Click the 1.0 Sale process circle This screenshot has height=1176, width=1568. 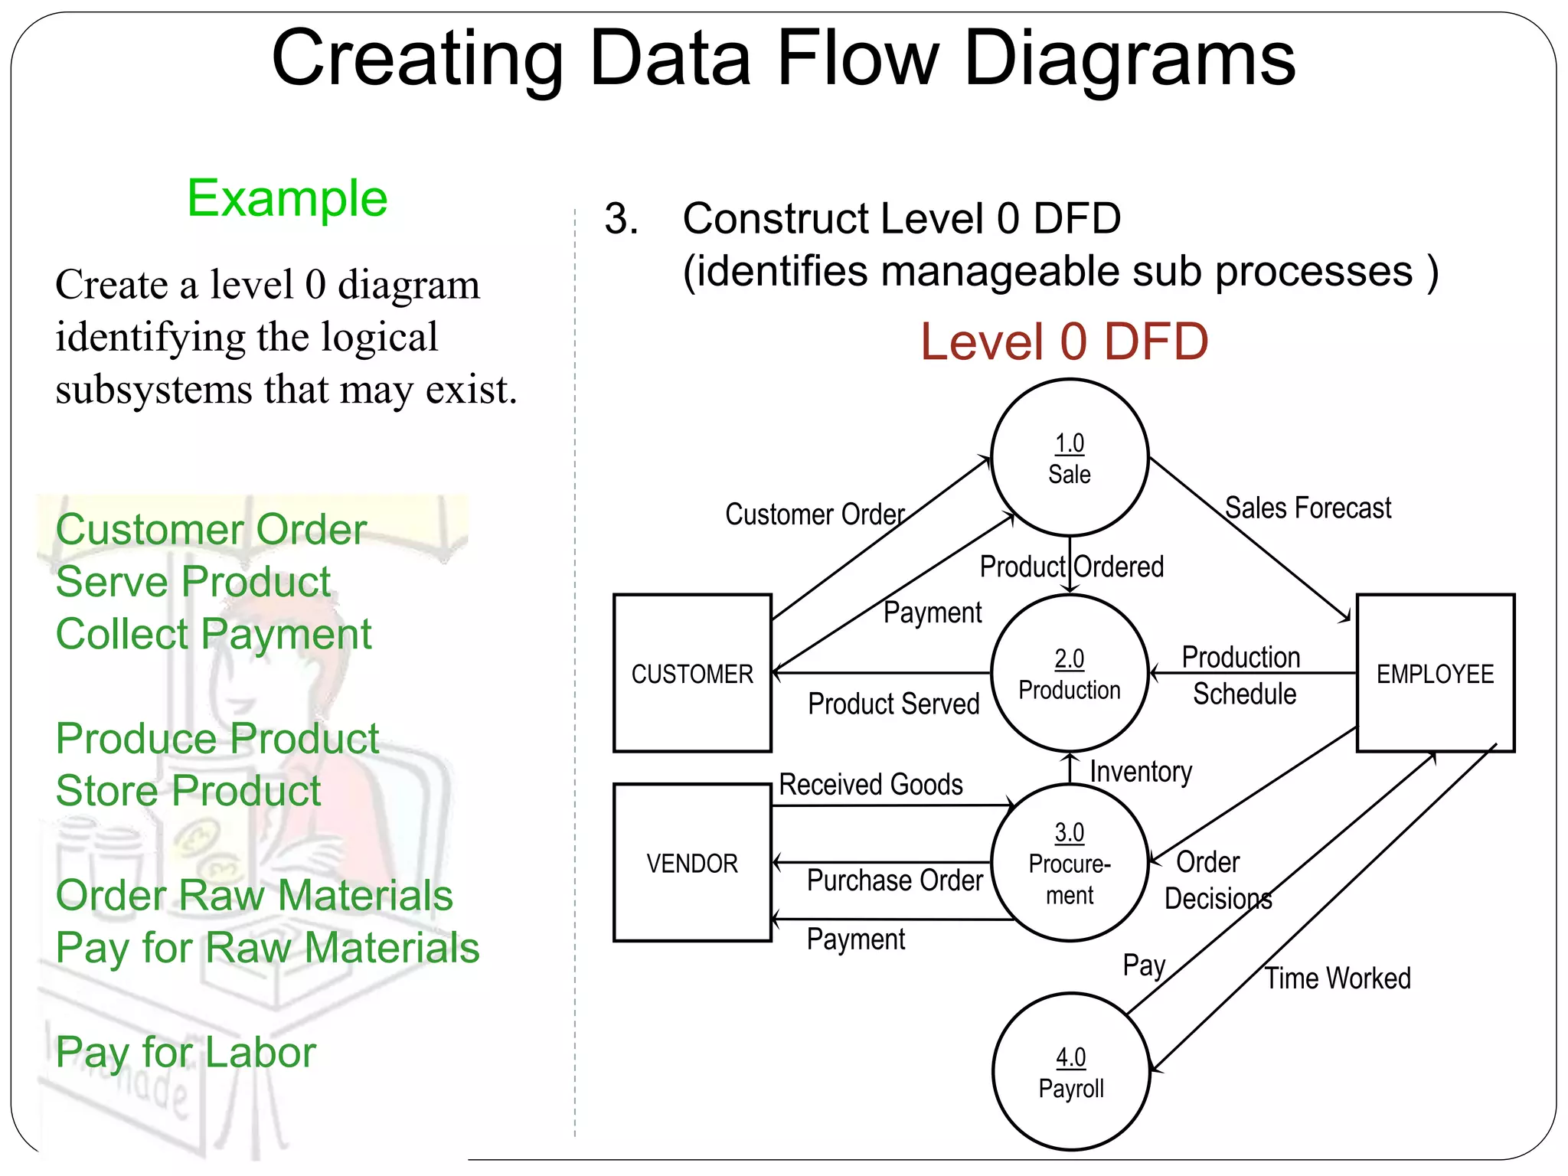coord(1069,458)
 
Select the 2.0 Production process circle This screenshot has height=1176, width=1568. coord(1069,674)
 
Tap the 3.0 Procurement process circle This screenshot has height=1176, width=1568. coord(1069,863)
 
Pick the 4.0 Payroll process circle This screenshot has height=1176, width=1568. coord(1070,1072)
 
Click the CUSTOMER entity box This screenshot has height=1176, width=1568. coord(692,674)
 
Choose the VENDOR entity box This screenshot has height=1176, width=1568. coord(692,863)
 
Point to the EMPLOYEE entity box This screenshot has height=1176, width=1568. coord(1435,674)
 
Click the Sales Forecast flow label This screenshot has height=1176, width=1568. coord(1307,508)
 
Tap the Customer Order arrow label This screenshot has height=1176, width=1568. coord(815,514)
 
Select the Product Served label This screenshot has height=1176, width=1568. coord(893,704)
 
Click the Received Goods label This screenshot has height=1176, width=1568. coord(871,785)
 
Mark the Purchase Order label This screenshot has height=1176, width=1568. coord(894,880)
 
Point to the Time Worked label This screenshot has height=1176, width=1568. coord(1337,978)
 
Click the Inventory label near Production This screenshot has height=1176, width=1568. coord(1140,772)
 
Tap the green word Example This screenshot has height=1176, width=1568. coord(287,198)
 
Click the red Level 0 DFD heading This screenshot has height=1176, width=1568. coord(1063,341)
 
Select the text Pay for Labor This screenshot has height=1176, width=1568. coord(185,1053)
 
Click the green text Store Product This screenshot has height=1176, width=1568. coord(188,791)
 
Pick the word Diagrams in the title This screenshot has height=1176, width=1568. coord(1129,59)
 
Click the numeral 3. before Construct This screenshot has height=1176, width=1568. coord(621,219)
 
